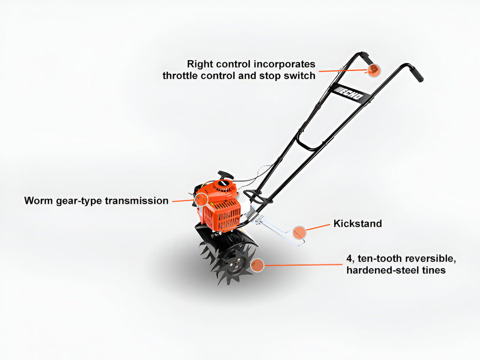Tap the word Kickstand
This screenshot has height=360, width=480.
pos(358,223)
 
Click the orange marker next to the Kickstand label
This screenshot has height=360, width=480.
pos(299,232)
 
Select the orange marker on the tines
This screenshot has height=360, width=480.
pos(257,265)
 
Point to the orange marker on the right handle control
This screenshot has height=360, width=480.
pos(374,70)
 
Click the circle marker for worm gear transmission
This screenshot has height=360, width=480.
pos(202,200)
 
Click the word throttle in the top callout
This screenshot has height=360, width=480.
pos(180,75)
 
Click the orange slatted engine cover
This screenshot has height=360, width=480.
pos(223,216)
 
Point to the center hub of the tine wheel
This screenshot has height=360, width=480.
pos(237,262)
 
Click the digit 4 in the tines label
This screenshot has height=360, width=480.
pos(349,259)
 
